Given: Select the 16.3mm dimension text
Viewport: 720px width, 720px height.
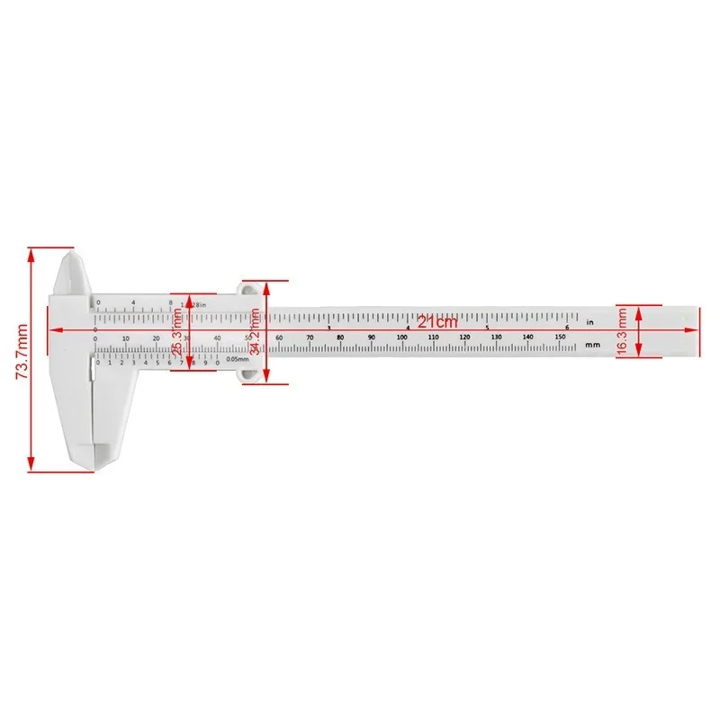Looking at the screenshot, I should coord(623,330).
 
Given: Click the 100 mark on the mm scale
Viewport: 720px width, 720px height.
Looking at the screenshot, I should coord(402,337).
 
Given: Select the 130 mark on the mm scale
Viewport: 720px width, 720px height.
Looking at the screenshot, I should coord(496,337).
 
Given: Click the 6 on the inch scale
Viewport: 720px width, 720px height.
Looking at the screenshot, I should coord(566,327).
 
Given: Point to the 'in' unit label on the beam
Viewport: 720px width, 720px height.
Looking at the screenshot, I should coord(589,321).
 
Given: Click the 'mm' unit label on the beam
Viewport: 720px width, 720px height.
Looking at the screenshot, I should coord(591,344).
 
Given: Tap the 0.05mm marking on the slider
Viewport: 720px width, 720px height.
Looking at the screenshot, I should coord(238,360).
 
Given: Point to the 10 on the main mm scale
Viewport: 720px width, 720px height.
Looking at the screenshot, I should coord(125,338).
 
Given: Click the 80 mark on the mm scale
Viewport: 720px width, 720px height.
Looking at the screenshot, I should coord(340,337).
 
